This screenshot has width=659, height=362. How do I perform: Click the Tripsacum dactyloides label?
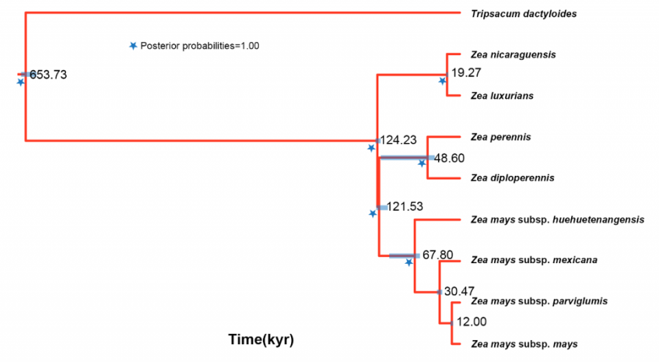tap(524, 14)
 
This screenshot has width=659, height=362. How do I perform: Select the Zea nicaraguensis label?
tap(513, 54)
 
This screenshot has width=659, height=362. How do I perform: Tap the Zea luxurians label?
tap(502, 96)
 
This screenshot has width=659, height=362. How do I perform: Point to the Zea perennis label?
tap(501, 137)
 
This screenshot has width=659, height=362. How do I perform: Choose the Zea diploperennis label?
tap(513, 179)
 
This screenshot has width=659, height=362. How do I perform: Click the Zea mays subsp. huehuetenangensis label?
tap(557, 220)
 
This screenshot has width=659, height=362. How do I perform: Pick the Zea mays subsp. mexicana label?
tap(534, 260)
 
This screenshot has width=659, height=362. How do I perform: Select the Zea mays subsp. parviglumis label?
tap(539, 301)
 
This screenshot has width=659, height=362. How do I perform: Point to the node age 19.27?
tap(465, 71)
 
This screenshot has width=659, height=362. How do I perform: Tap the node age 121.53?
tap(404, 206)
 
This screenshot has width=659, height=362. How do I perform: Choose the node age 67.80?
tap(437, 256)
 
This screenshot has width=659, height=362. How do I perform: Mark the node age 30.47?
tap(460, 291)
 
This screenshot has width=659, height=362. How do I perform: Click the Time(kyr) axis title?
tap(261, 339)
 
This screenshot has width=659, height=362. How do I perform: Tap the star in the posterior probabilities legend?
tap(133, 46)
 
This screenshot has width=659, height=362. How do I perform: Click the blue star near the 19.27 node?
tap(443, 80)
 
